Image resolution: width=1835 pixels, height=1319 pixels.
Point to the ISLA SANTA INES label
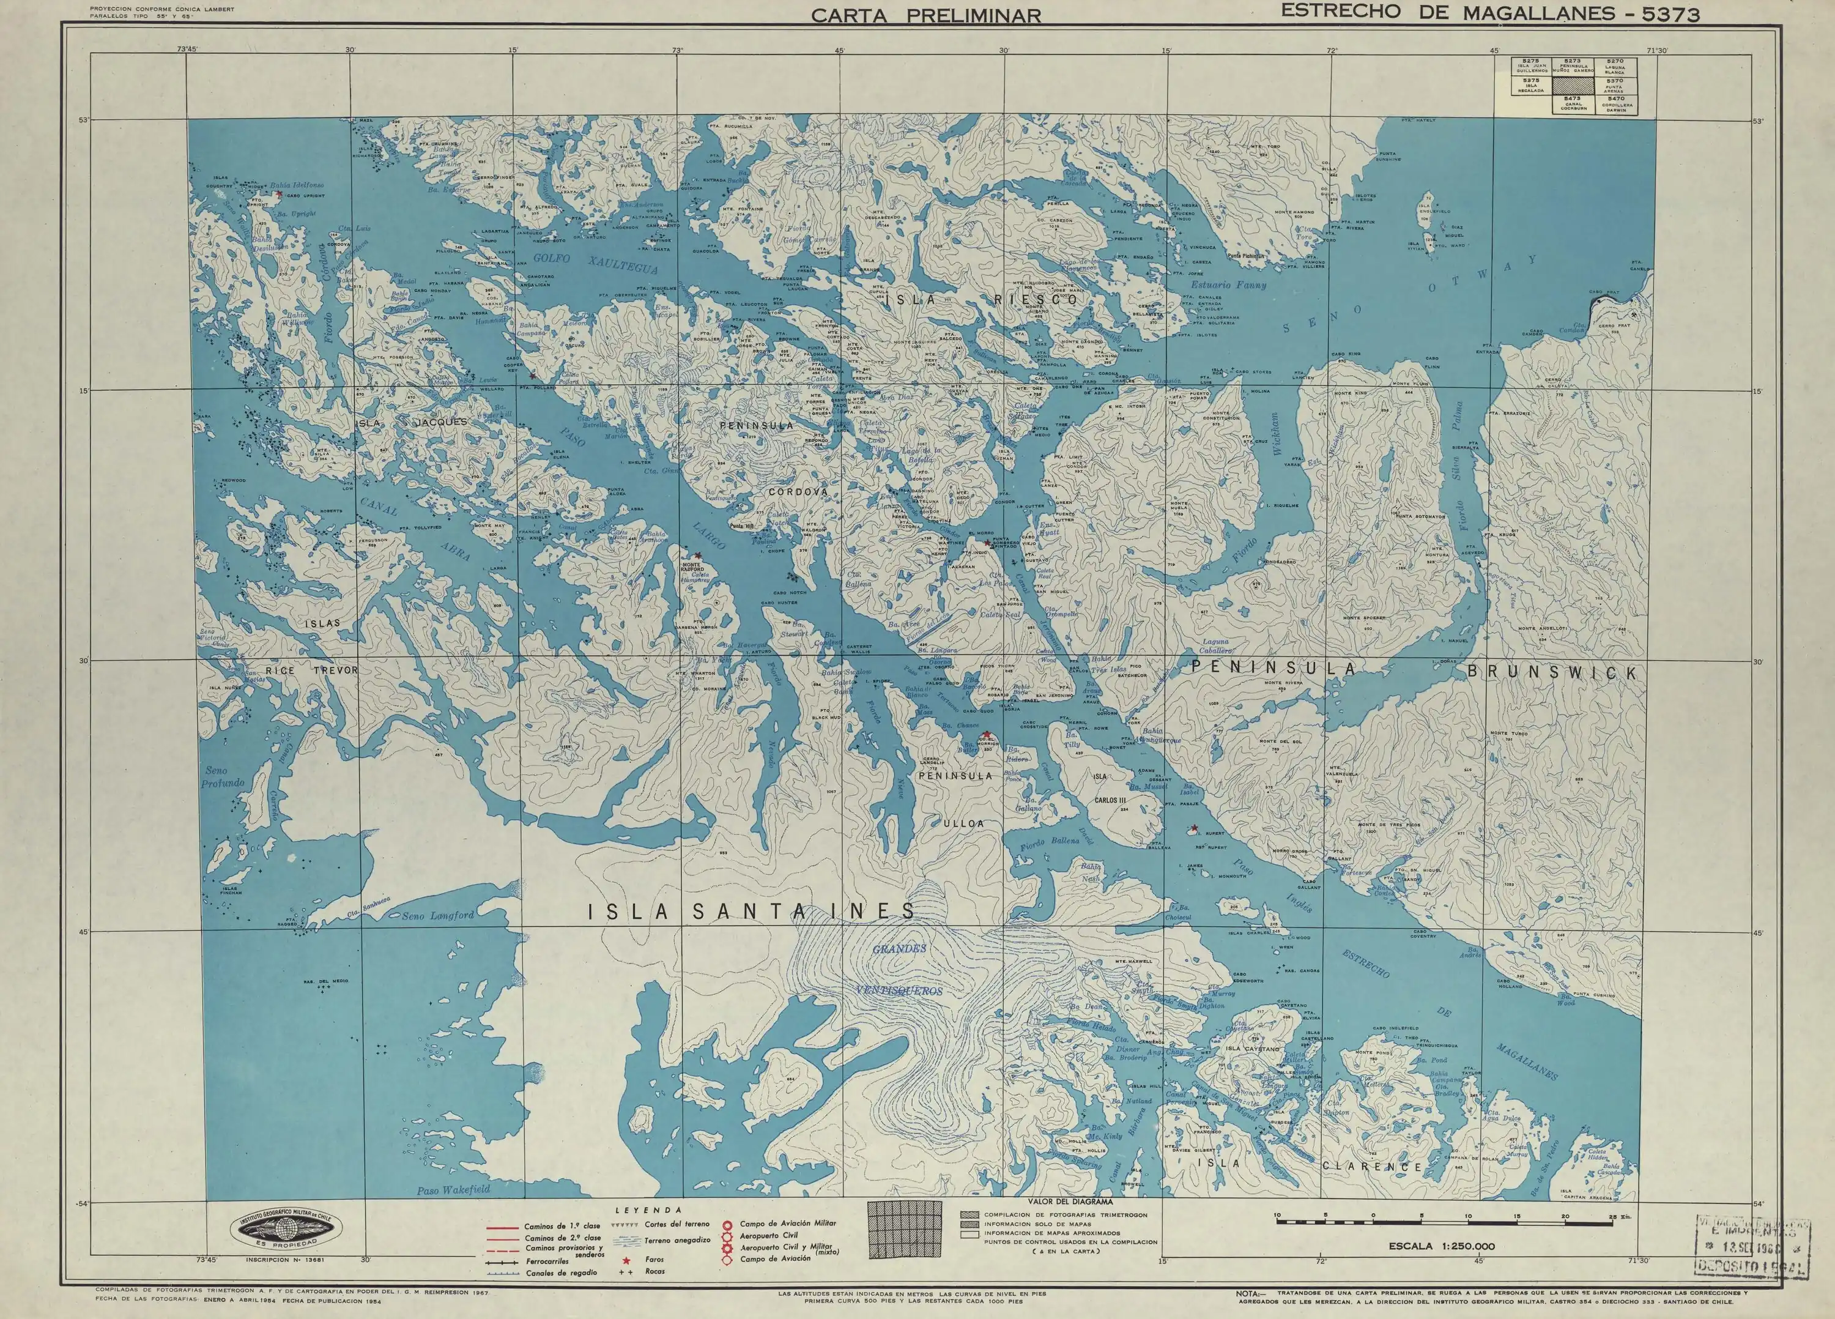coord(751,912)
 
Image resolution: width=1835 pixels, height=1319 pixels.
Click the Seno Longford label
coord(438,915)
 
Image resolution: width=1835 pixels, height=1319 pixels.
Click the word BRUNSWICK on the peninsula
coord(1552,672)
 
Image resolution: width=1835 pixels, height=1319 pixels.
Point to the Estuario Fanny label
coord(1228,285)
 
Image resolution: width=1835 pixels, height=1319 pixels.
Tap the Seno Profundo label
coord(223,777)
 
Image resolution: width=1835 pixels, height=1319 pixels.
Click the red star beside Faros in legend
coord(626,1261)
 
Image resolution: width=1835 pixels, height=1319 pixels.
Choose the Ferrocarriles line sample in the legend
coord(502,1261)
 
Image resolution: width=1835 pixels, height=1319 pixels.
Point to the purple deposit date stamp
coord(1752,1247)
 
